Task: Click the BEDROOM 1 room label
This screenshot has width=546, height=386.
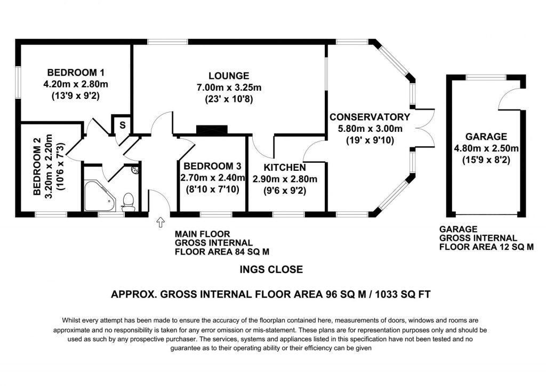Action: (x=75, y=73)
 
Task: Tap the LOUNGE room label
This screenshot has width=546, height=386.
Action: (x=229, y=75)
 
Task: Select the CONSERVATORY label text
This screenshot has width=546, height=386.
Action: (x=370, y=117)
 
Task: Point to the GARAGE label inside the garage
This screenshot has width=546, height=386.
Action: (x=485, y=136)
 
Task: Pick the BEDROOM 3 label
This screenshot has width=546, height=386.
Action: (x=207, y=166)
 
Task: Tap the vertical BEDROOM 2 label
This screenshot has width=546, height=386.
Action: (x=37, y=167)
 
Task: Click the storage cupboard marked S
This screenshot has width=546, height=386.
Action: (x=122, y=125)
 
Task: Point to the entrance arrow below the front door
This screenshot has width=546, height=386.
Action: (x=159, y=222)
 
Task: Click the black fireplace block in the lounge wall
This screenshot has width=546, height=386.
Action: (x=212, y=130)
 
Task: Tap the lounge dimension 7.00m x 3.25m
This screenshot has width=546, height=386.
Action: (x=229, y=88)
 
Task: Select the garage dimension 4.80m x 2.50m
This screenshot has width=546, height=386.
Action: (x=485, y=148)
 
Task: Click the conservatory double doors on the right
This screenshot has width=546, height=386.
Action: (x=422, y=129)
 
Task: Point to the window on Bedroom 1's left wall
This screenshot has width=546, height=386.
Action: (x=18, y=83)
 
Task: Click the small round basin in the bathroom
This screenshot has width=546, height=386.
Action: (x=134, y=171)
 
